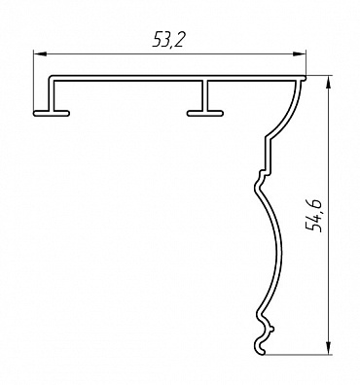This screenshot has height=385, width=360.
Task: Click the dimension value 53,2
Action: click(168, 40)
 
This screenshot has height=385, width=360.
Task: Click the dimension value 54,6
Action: click(314, 216)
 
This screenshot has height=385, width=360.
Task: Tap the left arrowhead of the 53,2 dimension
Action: click(40, 53)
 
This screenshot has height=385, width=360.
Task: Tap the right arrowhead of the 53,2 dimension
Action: click(299, 53)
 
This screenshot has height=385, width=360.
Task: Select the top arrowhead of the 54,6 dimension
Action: click(329, 83)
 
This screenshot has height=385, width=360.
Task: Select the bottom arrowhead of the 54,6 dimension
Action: click(329, 347)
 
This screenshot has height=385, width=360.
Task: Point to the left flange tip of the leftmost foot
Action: click(34, 113)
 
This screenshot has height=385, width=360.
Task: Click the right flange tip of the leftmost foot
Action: click(68, 113)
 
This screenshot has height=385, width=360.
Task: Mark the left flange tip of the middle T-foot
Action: click(189, 113)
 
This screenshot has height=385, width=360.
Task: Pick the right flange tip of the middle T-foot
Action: click(222, 113)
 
